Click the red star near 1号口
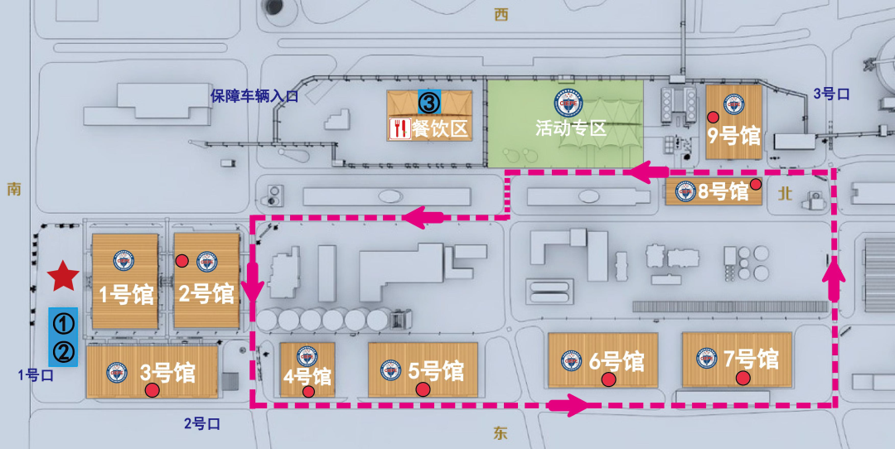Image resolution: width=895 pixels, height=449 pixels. tap(60, 276)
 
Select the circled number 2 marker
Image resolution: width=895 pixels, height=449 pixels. tap(64, 353)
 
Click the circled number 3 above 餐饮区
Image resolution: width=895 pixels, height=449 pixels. tap(428, 103)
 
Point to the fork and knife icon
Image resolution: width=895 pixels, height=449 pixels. tap(399, 128)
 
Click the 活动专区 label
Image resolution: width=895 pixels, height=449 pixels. tap(571, 128)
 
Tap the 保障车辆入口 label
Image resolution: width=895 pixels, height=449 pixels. tap(254, 96)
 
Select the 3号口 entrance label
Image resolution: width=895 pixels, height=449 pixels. tap(831, 94)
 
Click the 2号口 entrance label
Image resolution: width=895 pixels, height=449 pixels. tap(202, 424)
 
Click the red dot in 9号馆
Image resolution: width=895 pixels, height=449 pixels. tap(713, 116)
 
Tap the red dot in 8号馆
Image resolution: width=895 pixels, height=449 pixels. tap(756, 184)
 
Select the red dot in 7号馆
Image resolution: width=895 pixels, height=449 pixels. tap(743, 379)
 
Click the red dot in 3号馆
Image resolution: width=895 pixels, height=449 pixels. tap(152, 390)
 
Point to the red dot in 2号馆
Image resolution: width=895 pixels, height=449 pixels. tap(182, 262)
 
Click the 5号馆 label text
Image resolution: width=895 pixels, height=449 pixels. tap(436, 370)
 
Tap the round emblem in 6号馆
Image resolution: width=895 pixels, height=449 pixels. tap(571, 360)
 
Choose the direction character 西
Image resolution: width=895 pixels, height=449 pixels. tap(500, 14)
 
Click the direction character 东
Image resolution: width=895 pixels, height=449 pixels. tap(500, 433)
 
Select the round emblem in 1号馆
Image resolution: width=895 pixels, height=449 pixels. tap(123, 261)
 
